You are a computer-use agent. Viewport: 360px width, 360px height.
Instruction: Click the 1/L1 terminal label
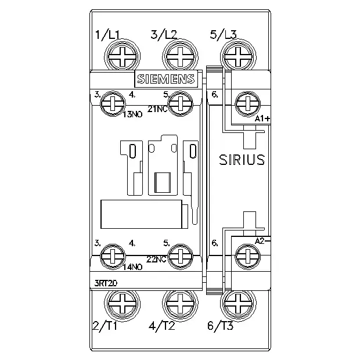[107, 35]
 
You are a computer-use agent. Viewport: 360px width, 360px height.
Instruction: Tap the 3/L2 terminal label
[164, 35]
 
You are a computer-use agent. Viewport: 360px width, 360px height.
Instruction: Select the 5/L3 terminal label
[223, 35]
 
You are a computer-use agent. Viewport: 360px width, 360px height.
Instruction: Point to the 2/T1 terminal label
[105, 325]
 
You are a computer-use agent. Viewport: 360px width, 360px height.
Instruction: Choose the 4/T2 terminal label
[162, 325]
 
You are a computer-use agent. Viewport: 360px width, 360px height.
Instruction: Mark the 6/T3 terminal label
[221, 325]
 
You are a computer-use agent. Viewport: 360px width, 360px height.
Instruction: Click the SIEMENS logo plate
[166, 79]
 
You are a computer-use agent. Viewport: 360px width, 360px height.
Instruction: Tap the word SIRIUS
[242, 160]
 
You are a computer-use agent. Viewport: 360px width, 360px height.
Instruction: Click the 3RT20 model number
[106, 283]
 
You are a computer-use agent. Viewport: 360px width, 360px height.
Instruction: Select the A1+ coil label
[262, 118]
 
